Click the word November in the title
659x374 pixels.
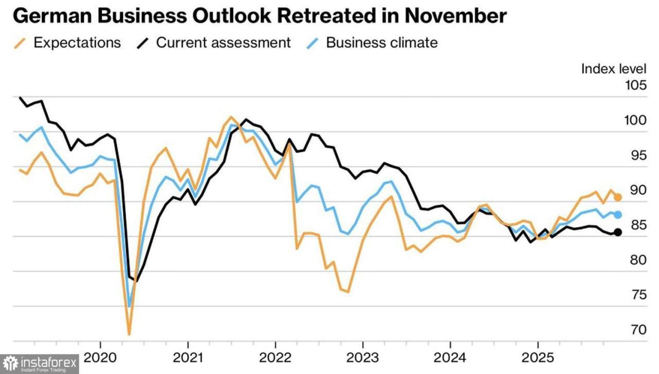(455, 17)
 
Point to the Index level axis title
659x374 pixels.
(614, 69)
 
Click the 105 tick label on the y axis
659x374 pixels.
(636, 85)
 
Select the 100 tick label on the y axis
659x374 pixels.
(636, 120)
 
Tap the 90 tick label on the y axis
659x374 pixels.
(638, 190)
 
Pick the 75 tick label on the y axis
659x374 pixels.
(638, 295)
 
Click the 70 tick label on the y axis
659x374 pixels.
(638, 330)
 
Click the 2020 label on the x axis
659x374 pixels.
(100, 357)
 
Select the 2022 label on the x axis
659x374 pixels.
(275, 357)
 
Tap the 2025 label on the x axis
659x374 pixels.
(538, 357)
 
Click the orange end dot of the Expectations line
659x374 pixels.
(618, 197)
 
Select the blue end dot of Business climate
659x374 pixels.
(618, 215)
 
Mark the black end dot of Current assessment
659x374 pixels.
(618, 232)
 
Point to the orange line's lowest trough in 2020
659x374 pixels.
(129, 334)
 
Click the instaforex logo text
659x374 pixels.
(49, 364)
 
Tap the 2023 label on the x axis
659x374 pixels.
(363, 357)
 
